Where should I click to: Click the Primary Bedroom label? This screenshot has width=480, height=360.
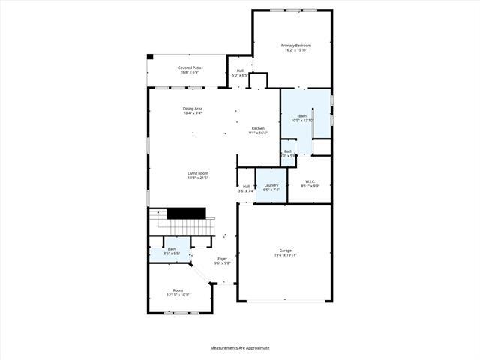296,46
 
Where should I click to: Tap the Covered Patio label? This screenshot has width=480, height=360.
189,67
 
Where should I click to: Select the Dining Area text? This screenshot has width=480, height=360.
193,109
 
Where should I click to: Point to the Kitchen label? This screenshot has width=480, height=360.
258,128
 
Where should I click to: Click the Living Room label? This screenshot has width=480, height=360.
198,173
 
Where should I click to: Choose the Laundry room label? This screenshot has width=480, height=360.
271,185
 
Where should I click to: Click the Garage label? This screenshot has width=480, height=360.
285,250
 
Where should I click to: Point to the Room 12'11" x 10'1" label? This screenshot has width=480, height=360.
178,290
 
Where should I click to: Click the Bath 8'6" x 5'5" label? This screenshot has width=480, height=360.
172,249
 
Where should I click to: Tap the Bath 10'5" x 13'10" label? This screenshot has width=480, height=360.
303,116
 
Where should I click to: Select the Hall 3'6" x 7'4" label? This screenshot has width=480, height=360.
246,187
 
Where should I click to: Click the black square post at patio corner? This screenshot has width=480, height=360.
150,56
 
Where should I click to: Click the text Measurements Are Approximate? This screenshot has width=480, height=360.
240,348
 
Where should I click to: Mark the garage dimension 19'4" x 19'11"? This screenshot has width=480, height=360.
285,255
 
